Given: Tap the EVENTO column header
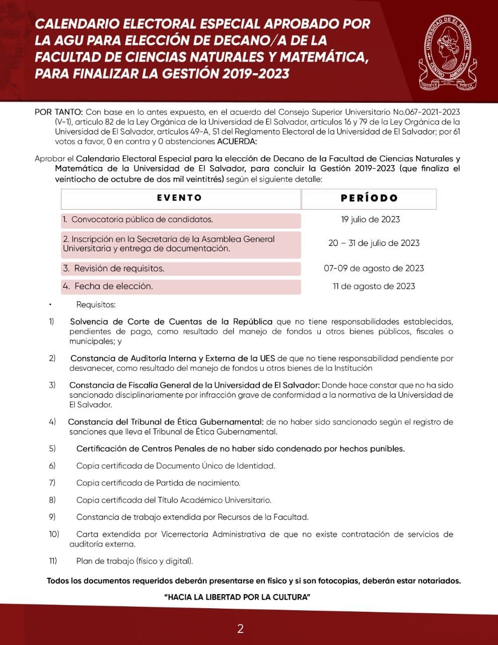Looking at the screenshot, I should point(180,198).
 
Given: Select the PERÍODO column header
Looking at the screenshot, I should point(369,199).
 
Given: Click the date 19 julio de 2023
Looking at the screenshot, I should point(370,219).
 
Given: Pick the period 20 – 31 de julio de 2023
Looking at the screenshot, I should point(374,243).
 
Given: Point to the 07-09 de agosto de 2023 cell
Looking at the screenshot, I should point(374,268).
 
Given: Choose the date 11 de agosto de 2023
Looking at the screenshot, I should point(374,286).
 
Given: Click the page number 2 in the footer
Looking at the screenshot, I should point(240,628).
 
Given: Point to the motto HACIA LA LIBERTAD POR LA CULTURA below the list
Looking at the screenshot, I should point(237,597).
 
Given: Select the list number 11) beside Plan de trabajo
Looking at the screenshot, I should point(53,561).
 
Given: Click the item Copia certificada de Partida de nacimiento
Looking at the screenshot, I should point(158,483).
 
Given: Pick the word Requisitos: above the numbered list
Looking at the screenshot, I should point(96,304).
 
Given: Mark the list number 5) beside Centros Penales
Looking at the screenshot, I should point(52,448).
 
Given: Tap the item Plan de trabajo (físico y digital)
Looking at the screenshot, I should point(134,561).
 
